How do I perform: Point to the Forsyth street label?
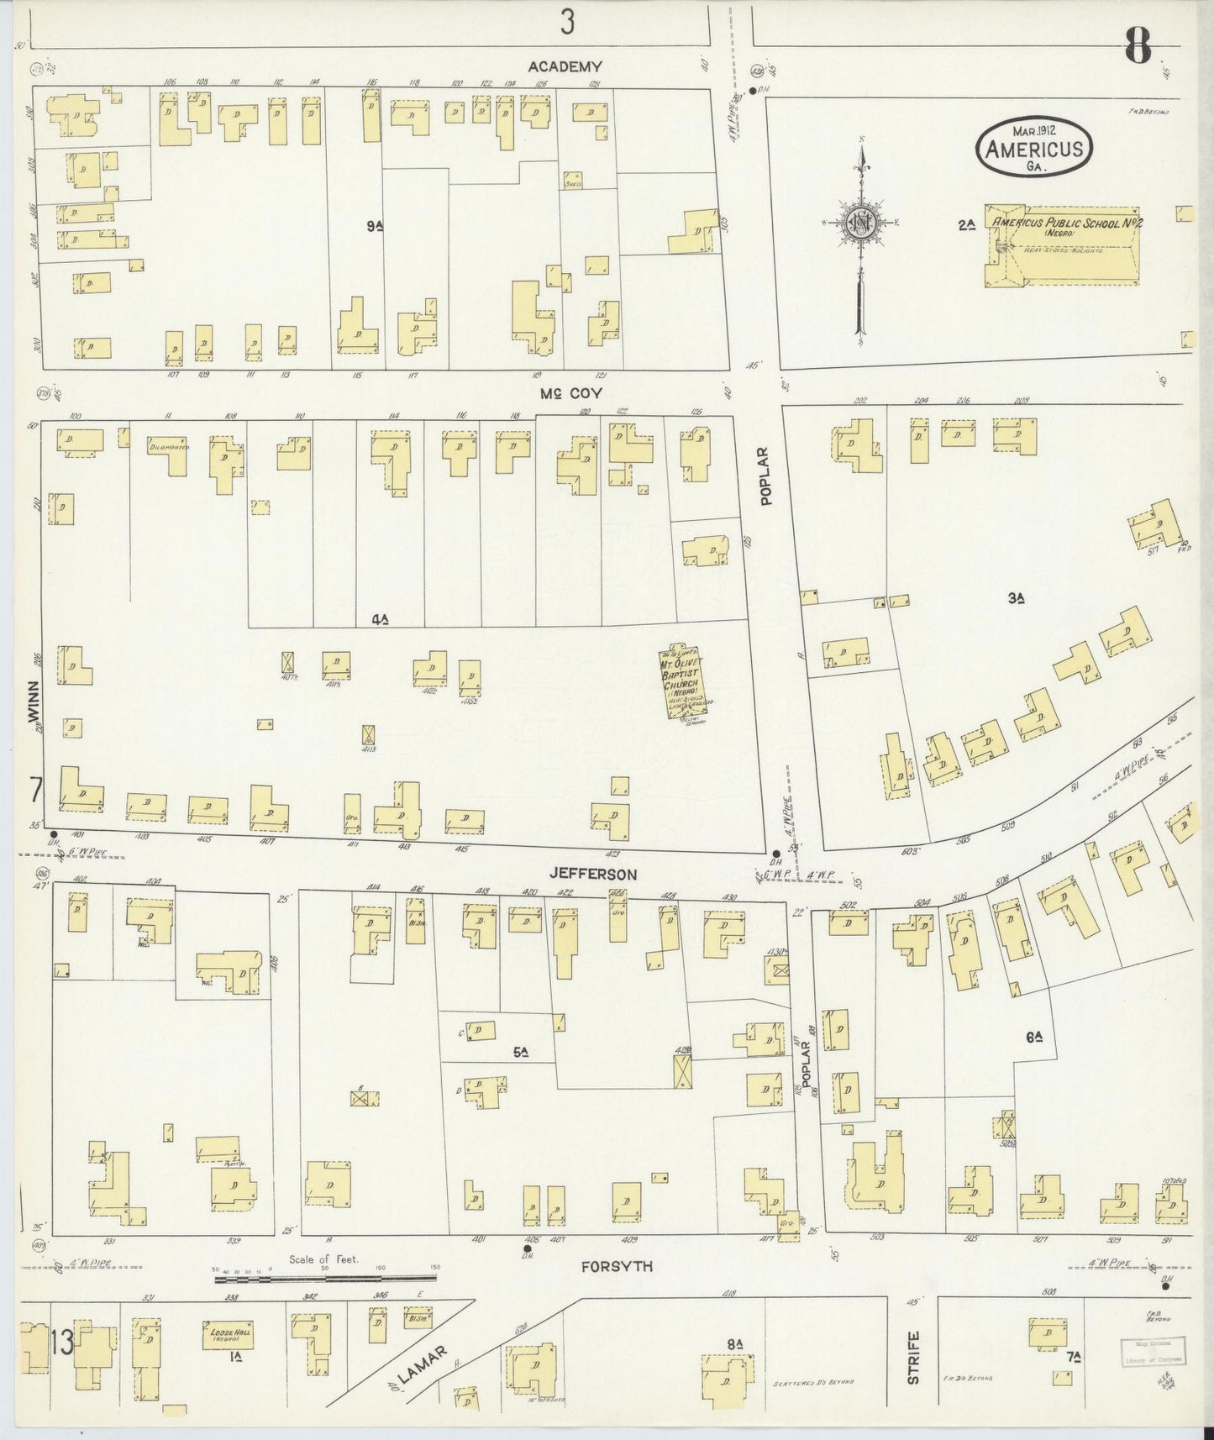[616, 1266]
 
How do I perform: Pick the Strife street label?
[913, 1357]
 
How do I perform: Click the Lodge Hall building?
[228, 1334]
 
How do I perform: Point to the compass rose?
[861, 223]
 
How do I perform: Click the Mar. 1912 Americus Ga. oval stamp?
[1033, 146]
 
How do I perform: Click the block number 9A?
[375, 226]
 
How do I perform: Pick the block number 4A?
[380, 620]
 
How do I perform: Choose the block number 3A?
[1017, 598]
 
